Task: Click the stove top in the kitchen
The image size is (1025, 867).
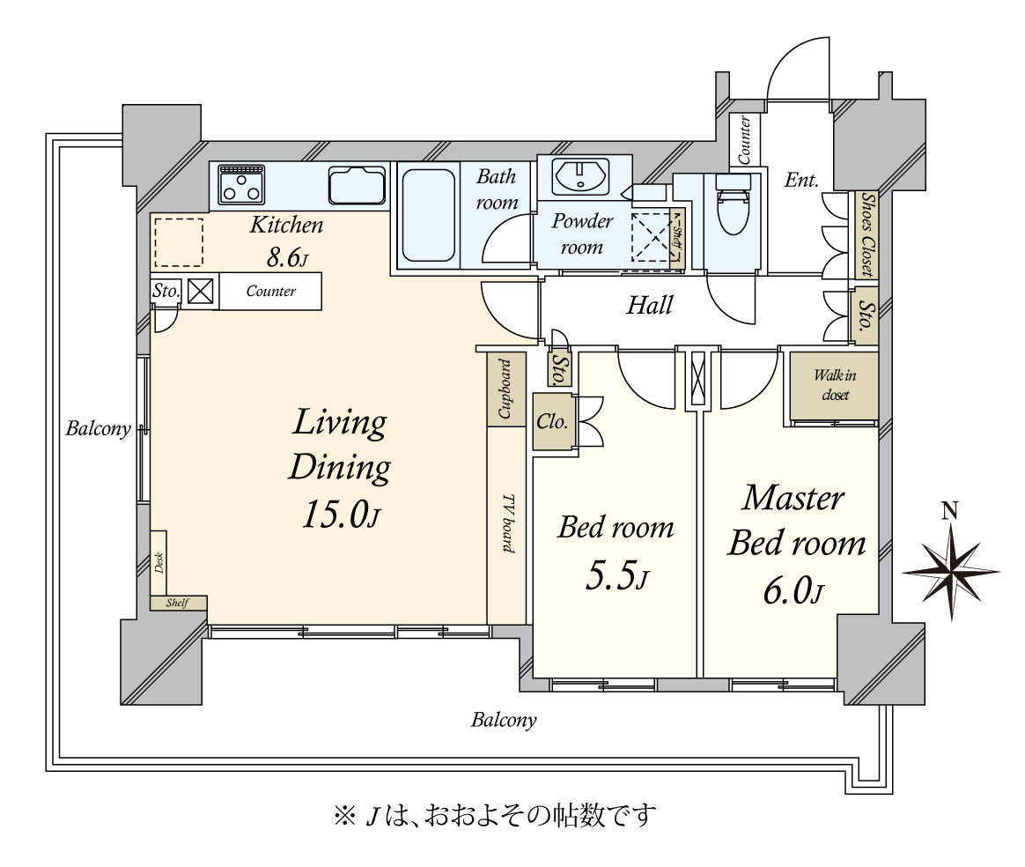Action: click(x=242, y=184)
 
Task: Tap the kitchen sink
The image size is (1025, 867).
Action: click(x=357, y=185)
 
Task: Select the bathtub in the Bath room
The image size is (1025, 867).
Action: click(x=428, y=215)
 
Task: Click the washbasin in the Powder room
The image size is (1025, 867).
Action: click(x=580, y=176)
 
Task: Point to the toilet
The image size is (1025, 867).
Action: click(x=733, y=204)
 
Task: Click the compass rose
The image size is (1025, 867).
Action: click(x=951, y=570)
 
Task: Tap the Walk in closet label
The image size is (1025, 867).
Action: click(x=835, y=384)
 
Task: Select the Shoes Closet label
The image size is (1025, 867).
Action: click(x=866, y=234)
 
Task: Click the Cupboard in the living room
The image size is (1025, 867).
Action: click(x=506, y=389)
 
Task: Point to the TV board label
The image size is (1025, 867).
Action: click(x=508, y=523)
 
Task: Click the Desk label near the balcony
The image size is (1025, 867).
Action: click(x=159, y=562)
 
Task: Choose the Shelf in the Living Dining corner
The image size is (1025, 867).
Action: click(x=178, y=603)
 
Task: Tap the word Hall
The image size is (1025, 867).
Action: click(x=649, y=306)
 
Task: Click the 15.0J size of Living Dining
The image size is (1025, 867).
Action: click(x=341, y=515)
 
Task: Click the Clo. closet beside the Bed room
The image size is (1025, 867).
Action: click(x=553, y=422)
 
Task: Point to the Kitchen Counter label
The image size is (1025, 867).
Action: click(x=270, y=291)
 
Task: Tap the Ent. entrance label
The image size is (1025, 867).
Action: click(x=801, y=180)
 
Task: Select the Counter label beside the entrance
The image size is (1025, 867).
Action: click(x=744, y=139)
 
